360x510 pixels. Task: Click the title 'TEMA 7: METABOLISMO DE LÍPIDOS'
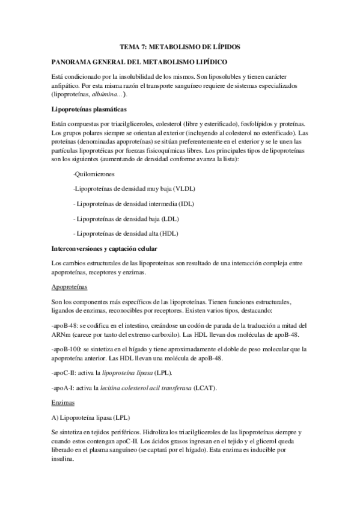(180, 46)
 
